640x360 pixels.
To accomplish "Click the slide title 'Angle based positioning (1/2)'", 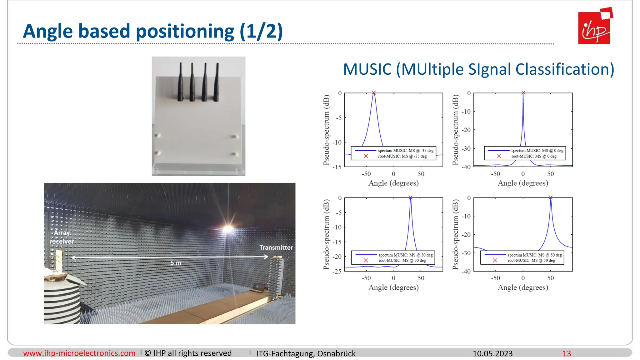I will pyautogui.click(x=153, y=31).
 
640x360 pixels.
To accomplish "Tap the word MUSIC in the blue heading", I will pyautogui.click(x=367, y=69).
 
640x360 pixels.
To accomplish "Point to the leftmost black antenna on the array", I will pyautogui.click(x=181, y=82).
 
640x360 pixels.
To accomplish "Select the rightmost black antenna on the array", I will pyautogui.click(x=216, y=82).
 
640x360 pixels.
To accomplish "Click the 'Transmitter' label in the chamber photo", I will pyautogui.click(x=276, y=247).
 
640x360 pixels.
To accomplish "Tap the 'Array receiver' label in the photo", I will pyautogui.click(x=62, y=237).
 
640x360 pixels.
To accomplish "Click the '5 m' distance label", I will pyautogui.click(x=176, y=263).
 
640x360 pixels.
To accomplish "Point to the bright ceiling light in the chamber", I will pyautogui.click(x=228, y=229).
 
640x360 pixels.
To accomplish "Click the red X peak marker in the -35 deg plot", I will pyautogui.click(x=373, y=93).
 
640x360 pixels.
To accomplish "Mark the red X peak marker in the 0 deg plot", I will pyautogui.click(x=523, y=93).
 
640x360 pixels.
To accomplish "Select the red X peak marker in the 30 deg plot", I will pyautogui.click(x=410, y=197).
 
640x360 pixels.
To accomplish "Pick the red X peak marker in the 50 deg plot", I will pyautogui.click(x=551, y=197).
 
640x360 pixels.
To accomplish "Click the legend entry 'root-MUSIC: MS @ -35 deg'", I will pyautogui.click(x=402, y=156).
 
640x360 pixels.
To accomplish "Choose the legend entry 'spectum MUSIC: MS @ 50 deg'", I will pyautogui.click(x=534, y=255).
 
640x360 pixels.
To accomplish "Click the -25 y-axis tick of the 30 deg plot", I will pyautogui.click(x=337, y=272).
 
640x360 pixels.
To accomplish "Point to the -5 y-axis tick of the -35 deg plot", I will pyautogui.click(x=339, y=118).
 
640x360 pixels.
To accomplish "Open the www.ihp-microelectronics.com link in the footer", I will pyautogui.click(x=79, y=353).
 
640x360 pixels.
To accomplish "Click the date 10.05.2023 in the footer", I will pyautogui.click(x=492, y=353).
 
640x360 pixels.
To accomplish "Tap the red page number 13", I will pyautogui.click(x=567, y=353).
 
